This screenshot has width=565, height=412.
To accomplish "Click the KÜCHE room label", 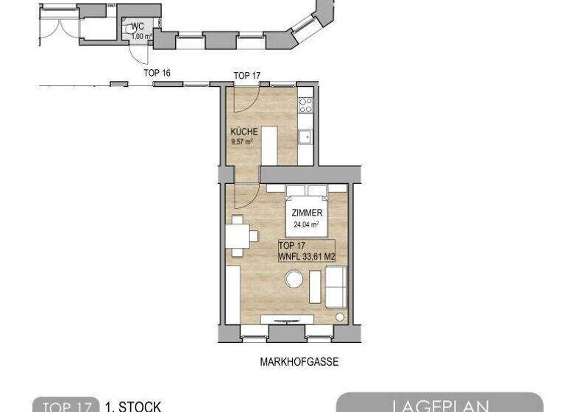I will click(244, 132).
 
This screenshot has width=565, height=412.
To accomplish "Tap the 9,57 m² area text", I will click(242, 142).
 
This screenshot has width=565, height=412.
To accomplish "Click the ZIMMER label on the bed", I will click(305, 212).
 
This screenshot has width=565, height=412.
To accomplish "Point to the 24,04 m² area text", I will click(305, 224).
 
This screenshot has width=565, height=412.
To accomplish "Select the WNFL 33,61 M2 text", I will click(308, 256).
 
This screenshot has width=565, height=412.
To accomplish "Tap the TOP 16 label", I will click(157, 73).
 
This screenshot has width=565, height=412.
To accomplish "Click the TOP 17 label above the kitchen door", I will click(246, 76).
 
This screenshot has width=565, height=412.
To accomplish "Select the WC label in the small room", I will click(137, 27).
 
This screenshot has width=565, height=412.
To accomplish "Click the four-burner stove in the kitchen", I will click(305, 105).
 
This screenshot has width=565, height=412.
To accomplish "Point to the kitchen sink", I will click(305, 137).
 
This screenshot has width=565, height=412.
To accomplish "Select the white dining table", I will click(238, 236).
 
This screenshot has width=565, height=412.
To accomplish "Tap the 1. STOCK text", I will click(132, 406).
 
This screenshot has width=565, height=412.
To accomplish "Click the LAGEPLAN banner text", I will click(438, 405).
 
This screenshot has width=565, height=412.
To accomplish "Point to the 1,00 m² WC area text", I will click(141, 35).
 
